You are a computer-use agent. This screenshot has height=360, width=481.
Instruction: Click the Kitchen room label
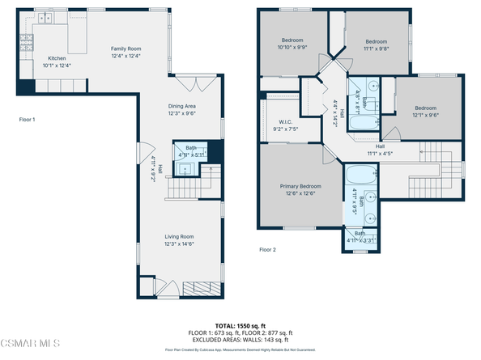(x=57, y=58)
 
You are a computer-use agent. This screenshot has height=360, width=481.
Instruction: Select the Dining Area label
(x=181, y=107)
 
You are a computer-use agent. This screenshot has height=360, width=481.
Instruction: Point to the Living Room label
(x=180, y=237)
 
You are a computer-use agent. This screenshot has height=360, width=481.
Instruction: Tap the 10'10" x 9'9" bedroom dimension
(x=292, y=47)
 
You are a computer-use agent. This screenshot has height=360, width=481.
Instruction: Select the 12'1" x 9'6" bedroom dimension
(x=426, y=114)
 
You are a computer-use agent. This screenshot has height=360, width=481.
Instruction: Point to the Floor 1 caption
(x=28, y=119)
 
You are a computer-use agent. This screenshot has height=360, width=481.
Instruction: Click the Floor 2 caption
(x=267, y=250)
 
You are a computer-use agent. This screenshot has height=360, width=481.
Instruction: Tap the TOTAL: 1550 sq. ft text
(x=240, y=326)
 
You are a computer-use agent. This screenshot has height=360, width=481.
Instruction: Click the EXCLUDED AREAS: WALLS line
(x=240, y=339)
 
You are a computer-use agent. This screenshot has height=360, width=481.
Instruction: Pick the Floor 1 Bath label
(x=190, y=148)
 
